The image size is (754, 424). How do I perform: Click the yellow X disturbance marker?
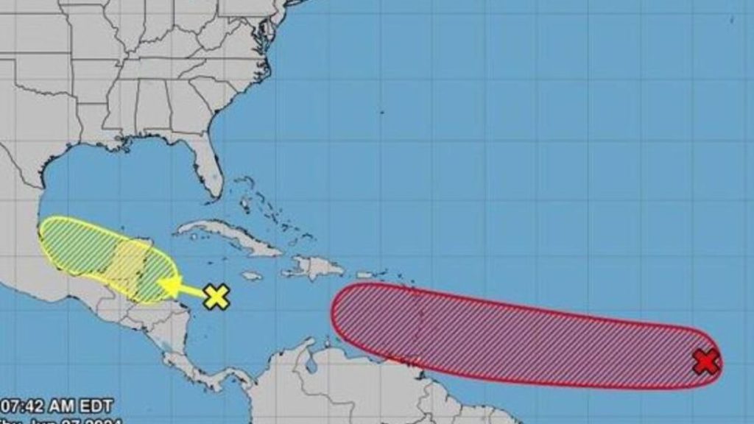(x=216, y=297)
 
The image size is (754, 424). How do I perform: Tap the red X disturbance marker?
(x=706, y=361)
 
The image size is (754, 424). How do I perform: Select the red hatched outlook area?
(x=515, y=335)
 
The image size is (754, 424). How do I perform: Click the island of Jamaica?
(x=251, y=275)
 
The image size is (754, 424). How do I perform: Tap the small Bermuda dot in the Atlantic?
(x=381, y=112)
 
